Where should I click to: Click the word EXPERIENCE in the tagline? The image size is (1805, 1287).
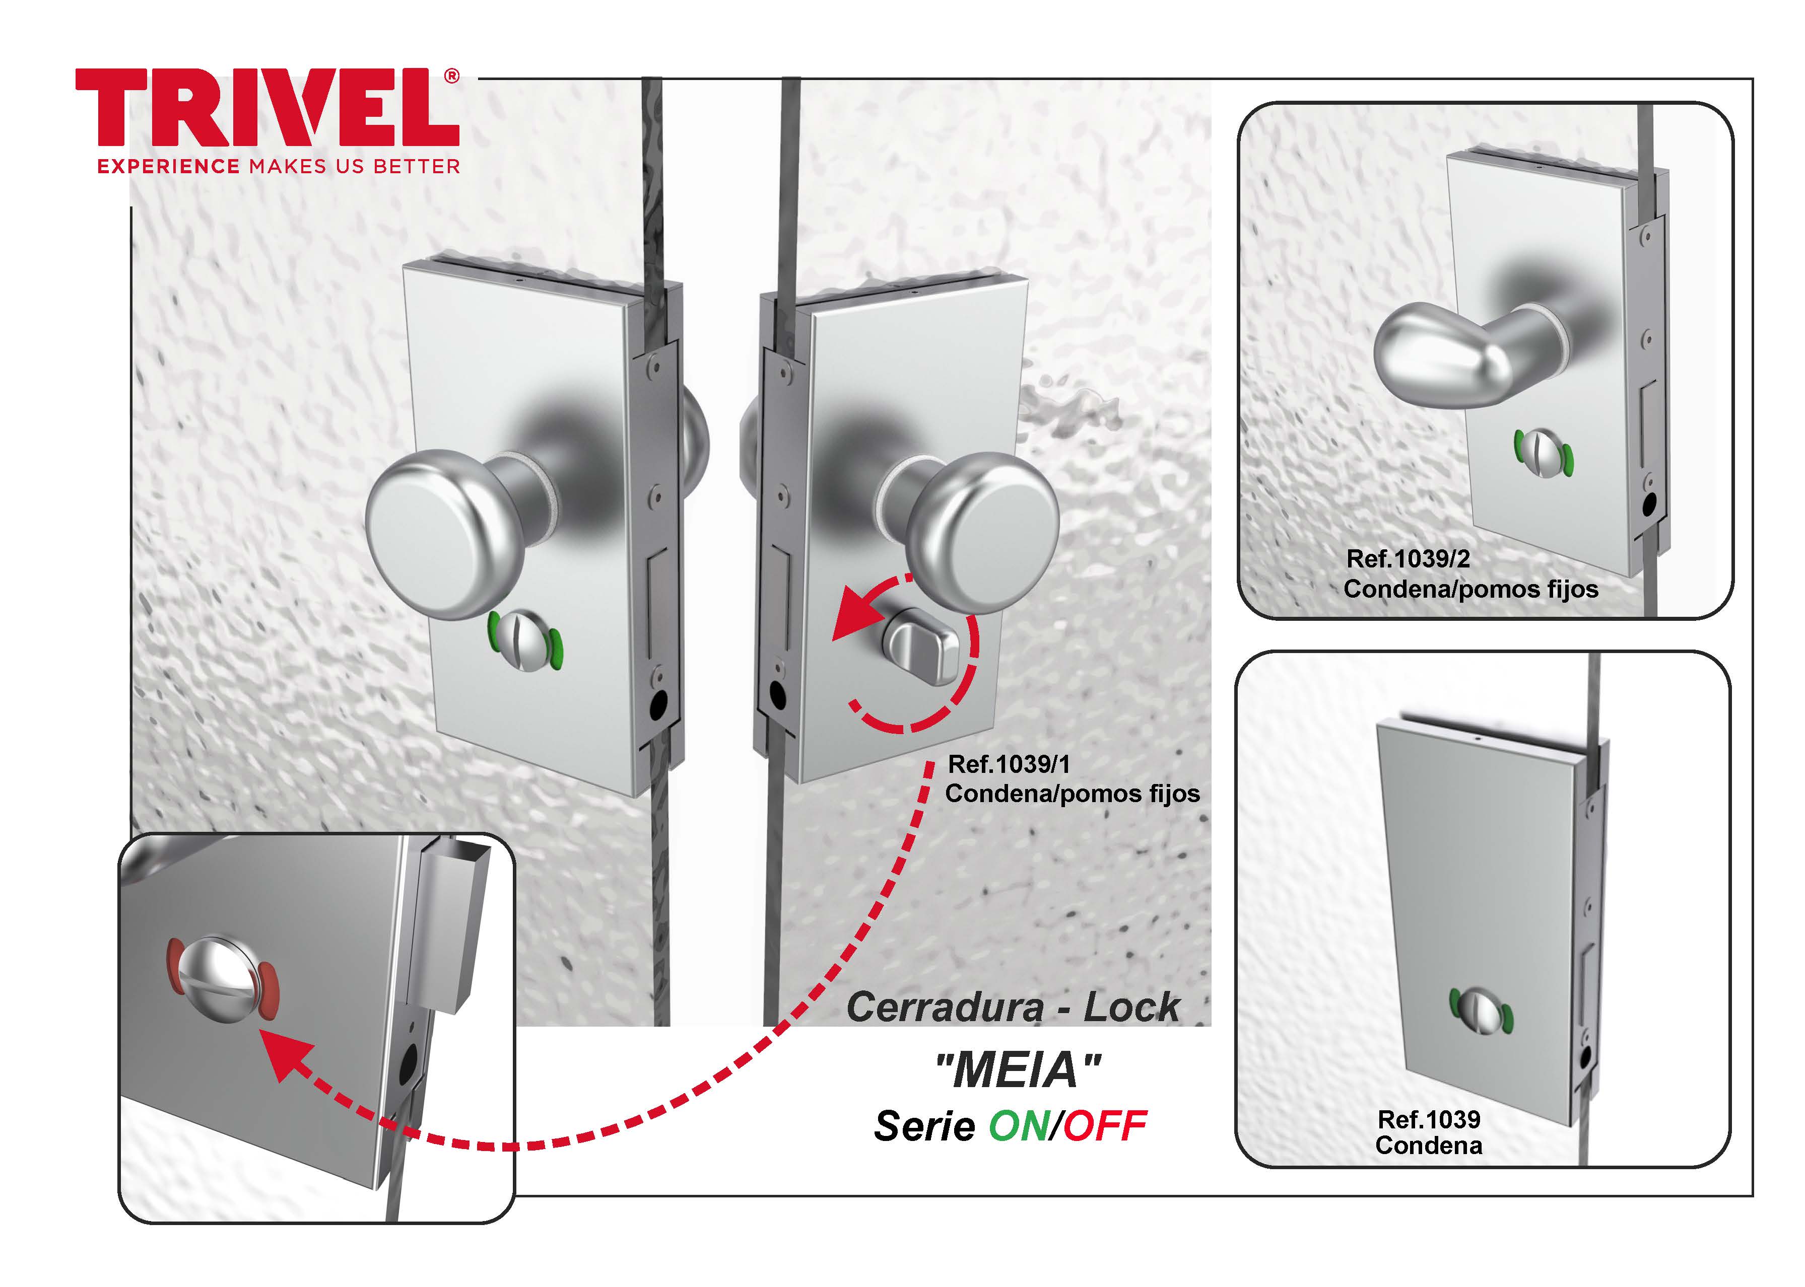click(168, 167)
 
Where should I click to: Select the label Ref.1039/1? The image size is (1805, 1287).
click(1009, 765)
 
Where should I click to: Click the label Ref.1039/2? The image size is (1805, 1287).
click(1408, 559)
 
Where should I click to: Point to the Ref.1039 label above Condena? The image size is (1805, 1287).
click(1429, 1120)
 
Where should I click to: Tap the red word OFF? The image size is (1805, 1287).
click(1105, 1126)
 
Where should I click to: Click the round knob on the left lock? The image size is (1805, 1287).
click(444, 535)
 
